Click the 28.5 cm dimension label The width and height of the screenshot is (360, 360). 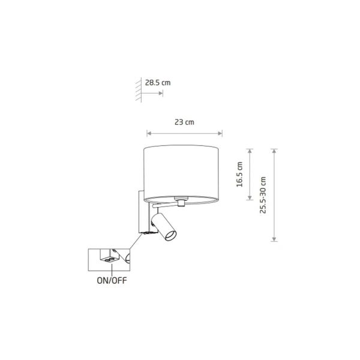(x=158, y=83)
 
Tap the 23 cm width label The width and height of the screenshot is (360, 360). (x=184, y=122)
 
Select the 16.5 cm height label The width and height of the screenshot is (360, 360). (x=239, y=174)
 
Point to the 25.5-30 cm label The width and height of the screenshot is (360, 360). (x=263, y=195)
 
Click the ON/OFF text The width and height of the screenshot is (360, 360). (x=112, y=280)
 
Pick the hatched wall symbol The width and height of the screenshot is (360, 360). (x=138, y=90)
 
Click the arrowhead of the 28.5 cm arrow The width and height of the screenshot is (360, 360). (x=161, y=93)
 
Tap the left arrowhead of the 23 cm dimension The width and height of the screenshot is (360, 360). (x=149, y=133)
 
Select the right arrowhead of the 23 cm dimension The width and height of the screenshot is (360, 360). (x=220, y=133)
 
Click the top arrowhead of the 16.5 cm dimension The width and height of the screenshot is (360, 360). (x=250, y=151)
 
